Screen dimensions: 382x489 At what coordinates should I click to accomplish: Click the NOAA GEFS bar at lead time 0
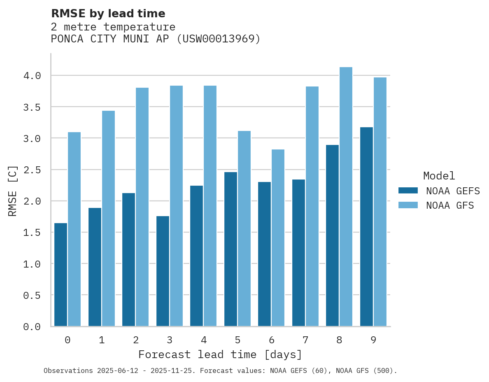pyautogui.click(x=61, y=275)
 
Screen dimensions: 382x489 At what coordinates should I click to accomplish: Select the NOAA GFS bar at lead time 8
pyautogui.click(x=346, y=197)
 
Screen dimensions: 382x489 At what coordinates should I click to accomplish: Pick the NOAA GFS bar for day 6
pyautogui.click(x=278, y=238)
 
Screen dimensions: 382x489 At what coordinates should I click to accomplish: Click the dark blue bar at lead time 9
pyautogui.click(x=366, y=227)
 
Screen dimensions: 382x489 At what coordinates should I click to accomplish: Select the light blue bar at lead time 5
pyautogui.click(x=244, y=228)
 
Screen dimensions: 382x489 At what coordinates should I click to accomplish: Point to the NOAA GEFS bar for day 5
pyautogui.click(x=231, y=249)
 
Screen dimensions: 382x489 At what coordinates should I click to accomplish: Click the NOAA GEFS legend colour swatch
pyautogui.click(x=408, y=191)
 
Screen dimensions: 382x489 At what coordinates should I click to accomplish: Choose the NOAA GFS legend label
pyautogui.click(x=450, y=205)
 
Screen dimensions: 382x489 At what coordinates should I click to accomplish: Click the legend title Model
pyautogui.click(x=439, y=176)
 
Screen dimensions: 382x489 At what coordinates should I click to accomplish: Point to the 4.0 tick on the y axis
pyautogui.click(x=32, y=76)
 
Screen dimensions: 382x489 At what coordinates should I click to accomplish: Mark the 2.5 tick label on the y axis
pyautogui.click(x=32, y=170)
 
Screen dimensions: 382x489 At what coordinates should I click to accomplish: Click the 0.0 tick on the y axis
pyautogui.click(x=32, y=327)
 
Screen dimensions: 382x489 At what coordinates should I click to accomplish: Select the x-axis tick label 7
pyautogui.click(x=305, y=340)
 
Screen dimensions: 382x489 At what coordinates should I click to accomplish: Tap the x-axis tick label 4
pyautogui.click(x=203, y=340)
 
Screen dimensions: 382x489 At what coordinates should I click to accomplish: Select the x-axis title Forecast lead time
pyautogui.click(x=220, y=355)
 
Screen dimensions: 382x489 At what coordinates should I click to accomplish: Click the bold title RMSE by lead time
pyautogui.click(x=108, y=14)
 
